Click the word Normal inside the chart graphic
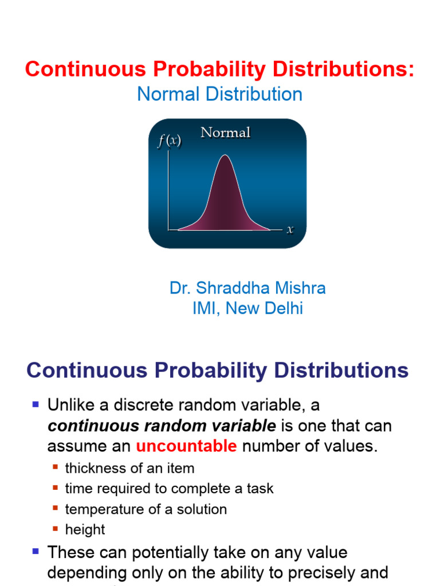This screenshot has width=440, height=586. click(225, 133)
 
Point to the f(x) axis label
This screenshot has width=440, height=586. click(169, 141)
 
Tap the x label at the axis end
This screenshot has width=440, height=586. click(290, 229)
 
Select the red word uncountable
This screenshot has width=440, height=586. click(186, 446)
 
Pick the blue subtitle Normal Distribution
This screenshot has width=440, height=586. click(219, 94)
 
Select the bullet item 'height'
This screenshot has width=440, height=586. click(85, 530)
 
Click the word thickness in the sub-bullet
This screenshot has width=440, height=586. click(95, 468)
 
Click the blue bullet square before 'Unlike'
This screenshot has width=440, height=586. click(36, 405)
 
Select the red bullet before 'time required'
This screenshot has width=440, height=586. click(56, 488)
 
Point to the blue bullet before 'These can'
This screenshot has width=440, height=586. click(36, 552)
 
